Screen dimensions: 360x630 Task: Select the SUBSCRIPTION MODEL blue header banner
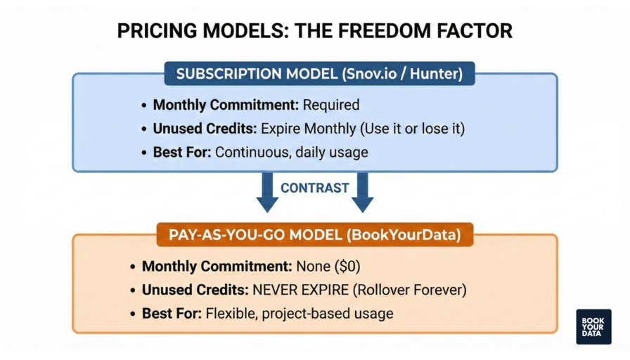coord(319,74)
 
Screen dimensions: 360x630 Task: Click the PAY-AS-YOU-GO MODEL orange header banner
coord(315,235)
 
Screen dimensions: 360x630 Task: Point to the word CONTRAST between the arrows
coord(315,188)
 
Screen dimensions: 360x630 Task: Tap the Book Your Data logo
coord(593,327)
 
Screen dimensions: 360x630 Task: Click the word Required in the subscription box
coord(330,105)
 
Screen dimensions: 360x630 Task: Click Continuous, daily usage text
coord(291,153)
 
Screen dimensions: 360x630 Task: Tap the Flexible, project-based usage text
coord(299,314)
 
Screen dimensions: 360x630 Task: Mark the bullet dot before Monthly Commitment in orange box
coord(133,267)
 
